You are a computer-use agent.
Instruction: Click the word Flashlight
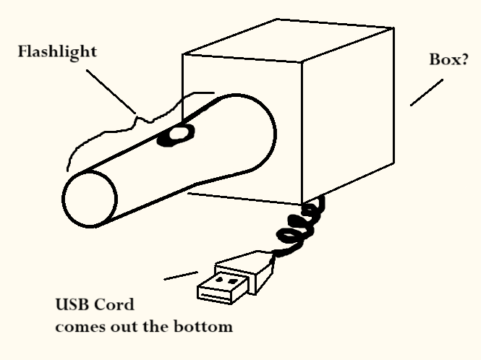click(58, 53)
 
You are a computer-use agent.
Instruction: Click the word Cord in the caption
click(117, 307)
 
